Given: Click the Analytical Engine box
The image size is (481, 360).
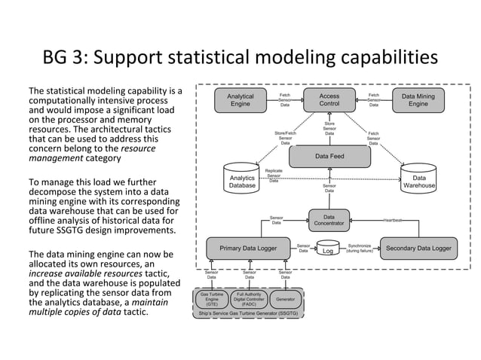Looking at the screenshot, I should [240, 100].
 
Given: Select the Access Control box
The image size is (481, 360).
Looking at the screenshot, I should [329, 100].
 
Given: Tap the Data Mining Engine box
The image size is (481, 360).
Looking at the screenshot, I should [418, 100].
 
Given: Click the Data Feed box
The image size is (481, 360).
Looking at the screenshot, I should [329, 156].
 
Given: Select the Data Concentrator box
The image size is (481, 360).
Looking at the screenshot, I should [329, 220].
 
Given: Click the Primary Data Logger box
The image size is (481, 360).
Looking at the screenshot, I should [248, 248].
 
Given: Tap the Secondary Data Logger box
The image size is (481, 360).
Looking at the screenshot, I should [418, 248].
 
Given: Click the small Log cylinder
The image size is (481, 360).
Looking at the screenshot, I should [328, 249].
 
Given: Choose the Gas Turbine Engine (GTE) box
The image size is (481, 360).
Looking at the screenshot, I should [212, 299].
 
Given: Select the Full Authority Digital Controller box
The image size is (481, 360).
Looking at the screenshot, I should [249, 299].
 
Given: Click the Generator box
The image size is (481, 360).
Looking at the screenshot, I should [285, 299].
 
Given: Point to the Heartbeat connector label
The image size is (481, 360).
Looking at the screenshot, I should [393, 220].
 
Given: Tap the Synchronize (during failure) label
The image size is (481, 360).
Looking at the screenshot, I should [359, 248].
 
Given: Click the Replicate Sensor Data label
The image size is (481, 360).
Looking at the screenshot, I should [274, 175].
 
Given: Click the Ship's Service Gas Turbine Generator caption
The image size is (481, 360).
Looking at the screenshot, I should [248, 312].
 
